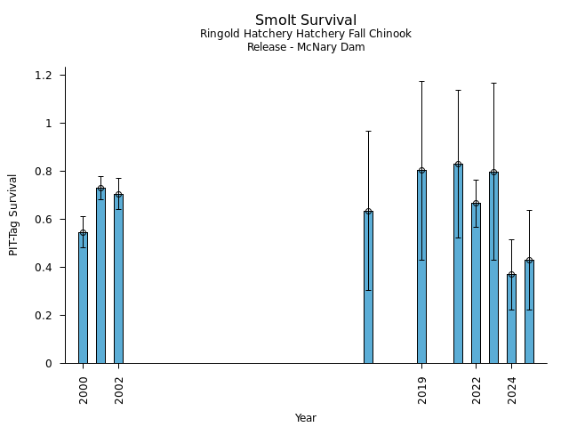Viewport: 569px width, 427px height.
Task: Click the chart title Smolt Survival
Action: click(x=306, y=20)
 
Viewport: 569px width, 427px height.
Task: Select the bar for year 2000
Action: click(x=83, y=298)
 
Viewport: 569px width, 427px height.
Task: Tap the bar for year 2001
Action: click(x=100, y=276)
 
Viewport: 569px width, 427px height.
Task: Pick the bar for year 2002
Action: click(x=118, y=278)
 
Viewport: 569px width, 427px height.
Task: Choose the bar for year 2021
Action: click(x=458, y=263)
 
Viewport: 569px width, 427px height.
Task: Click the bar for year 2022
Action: click(x=476, y=283)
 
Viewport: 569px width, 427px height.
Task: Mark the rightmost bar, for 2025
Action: click(x=529, y=311)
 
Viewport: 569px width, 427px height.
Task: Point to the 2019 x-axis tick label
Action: click(x=422, y=390)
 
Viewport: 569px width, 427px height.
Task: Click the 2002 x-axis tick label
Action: click(x=119, y=390)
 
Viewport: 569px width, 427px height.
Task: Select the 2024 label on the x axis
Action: click(x=512, y=390)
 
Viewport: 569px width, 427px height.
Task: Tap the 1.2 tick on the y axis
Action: click(x=44, y=76)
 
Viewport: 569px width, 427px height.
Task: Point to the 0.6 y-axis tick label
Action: click(x=44, y=220)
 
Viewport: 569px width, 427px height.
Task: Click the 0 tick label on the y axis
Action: click(x=49, y=364)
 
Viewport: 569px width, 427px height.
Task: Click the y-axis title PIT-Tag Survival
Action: click(x=13, y=214)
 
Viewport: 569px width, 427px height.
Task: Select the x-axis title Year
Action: click(x=306, y=418)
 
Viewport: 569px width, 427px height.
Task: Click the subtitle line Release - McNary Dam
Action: click(x=306, y=47)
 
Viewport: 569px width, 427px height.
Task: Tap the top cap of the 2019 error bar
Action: click(x=421, y=81)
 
